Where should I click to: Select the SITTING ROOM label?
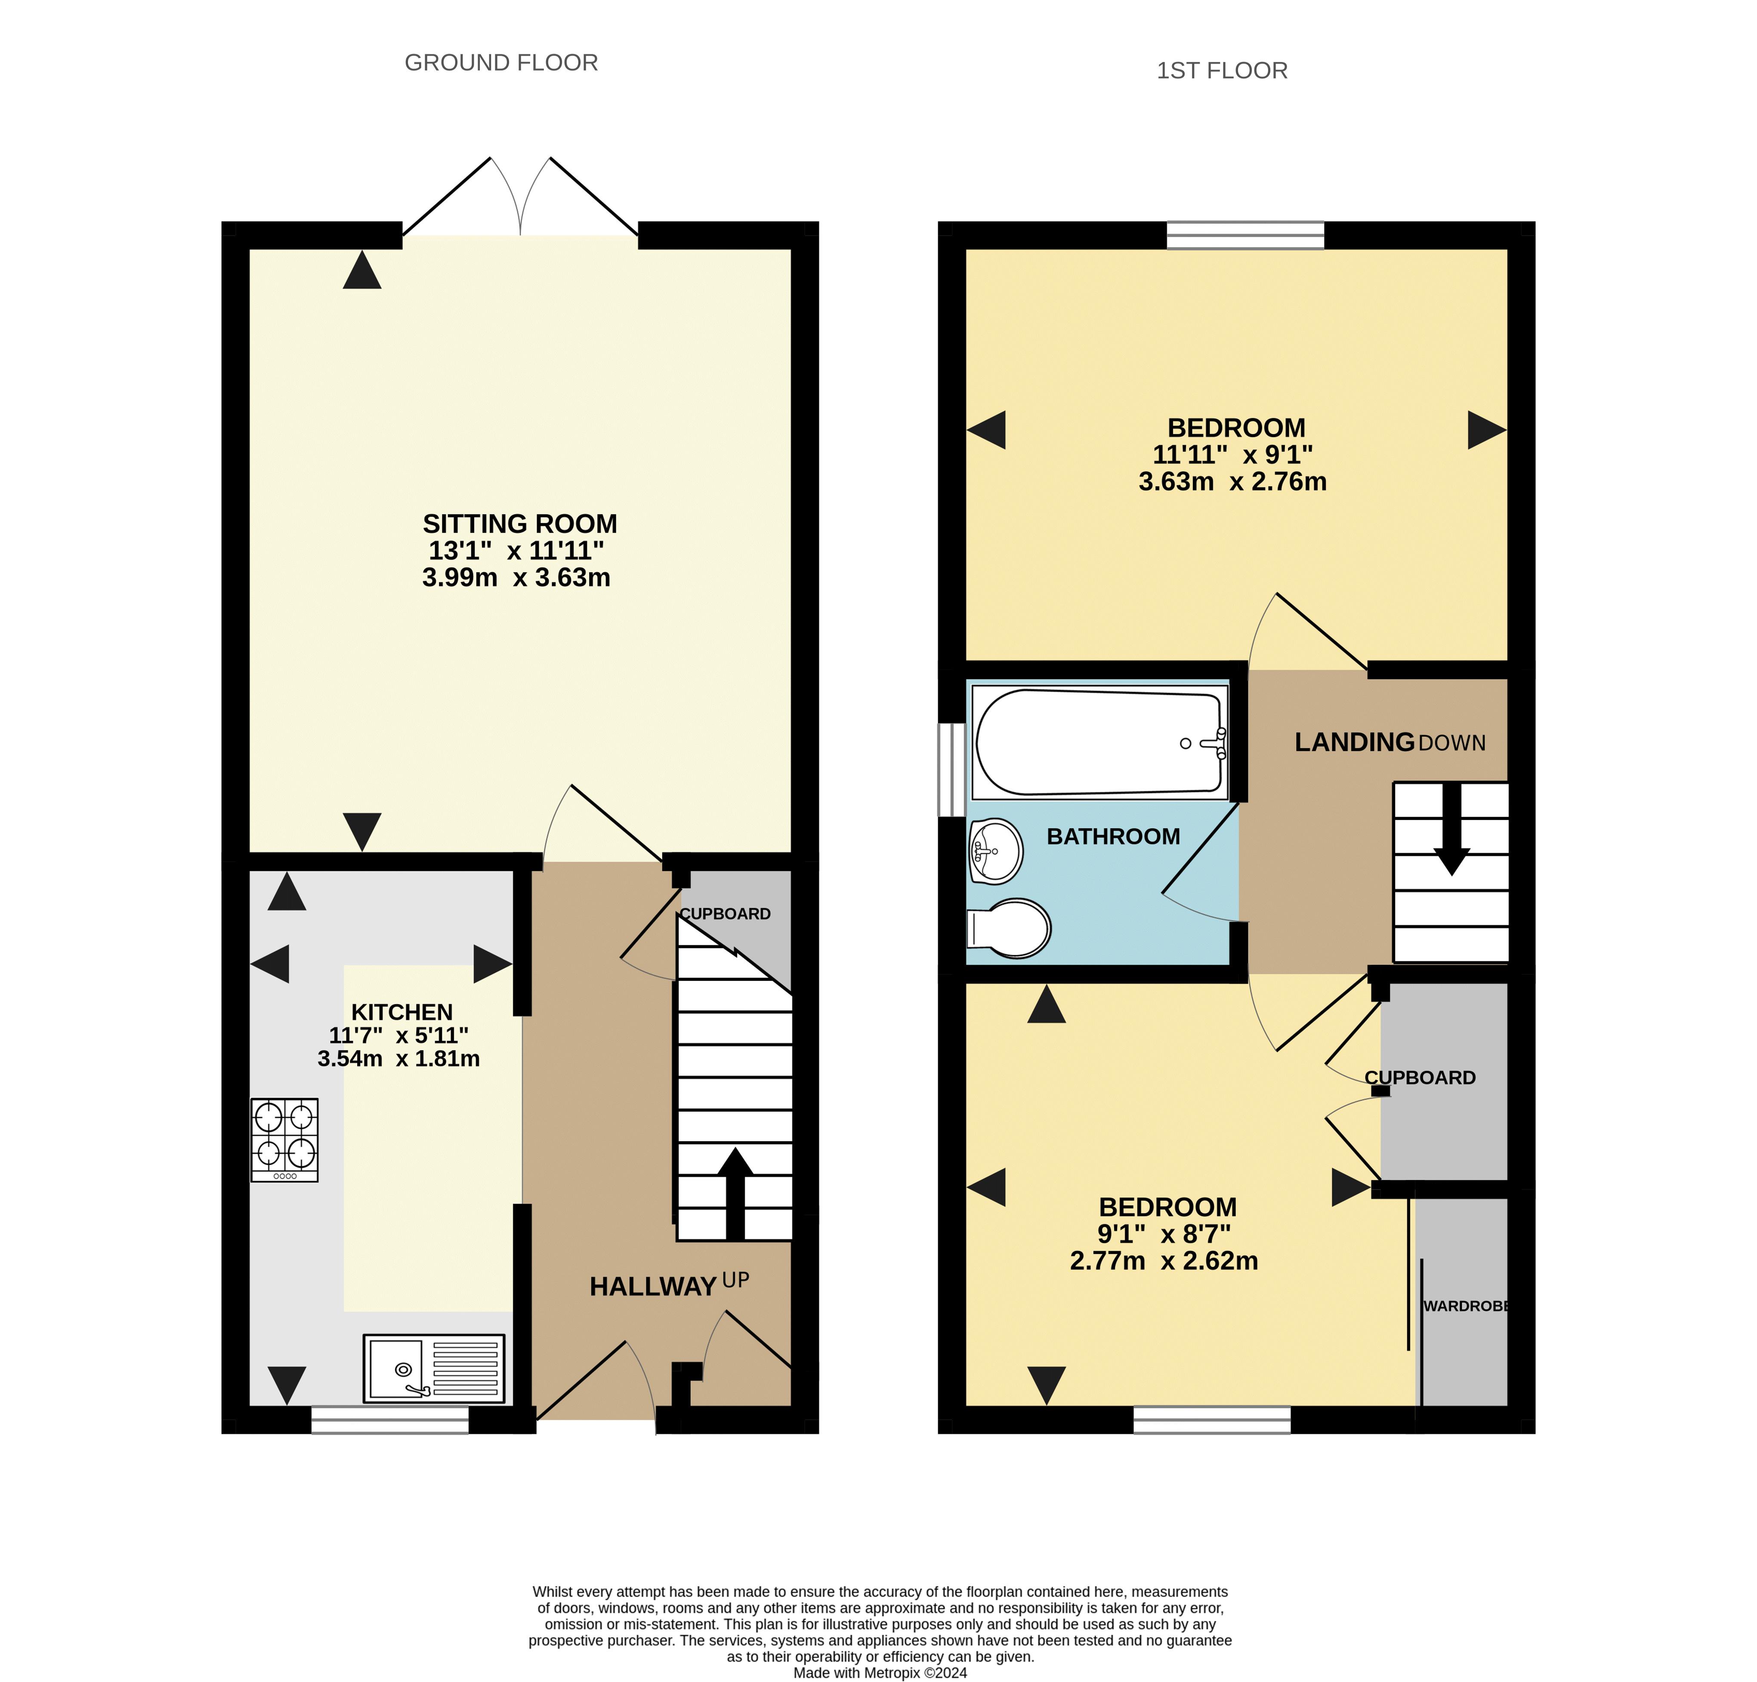tap(520, 524)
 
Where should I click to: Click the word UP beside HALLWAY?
tap(735, 1280)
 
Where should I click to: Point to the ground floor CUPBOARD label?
tap(725, 914)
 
